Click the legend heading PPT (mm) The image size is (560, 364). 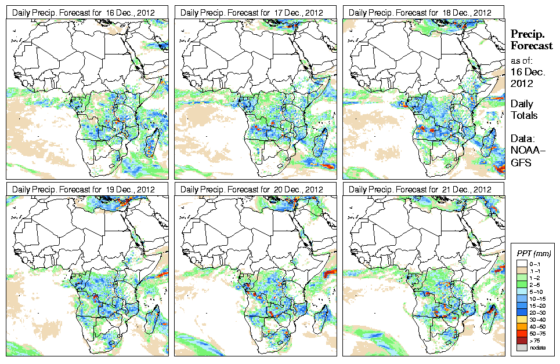(534, 253)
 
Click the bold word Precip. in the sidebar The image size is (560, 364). (526, 34)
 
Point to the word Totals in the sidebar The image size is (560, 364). (523, 115)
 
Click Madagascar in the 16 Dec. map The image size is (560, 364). (152, 142)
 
